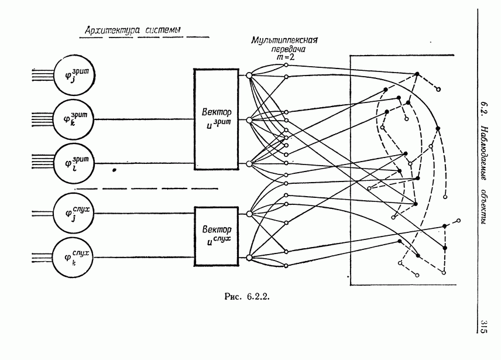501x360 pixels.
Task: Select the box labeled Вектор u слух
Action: pyautogui.click(x=217, y=235)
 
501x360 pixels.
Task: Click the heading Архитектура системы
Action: pyautogui.click(x=132, y=30)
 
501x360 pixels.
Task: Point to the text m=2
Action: pyautogui.click(x=285, y=57)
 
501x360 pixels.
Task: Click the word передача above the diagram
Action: pyautogui.click(x=285, y=50)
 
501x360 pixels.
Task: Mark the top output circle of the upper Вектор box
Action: pyautogui.click(x=249, y=75)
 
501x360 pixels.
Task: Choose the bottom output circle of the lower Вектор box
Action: pyautogui.click(x=249, y=258)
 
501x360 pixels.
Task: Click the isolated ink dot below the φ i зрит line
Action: pyautogui.click(x=115, y=170)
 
